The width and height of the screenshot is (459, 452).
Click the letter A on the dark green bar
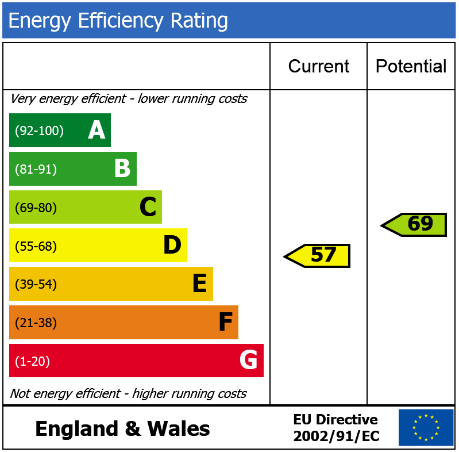[x=97, y=131]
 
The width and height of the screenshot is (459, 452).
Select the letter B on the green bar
[x=122, y=169]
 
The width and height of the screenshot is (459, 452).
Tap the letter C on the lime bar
[x=148, y=207]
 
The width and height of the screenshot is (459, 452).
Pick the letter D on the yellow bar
[x=172, y=246]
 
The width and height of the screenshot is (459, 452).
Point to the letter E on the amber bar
[x=199, y=284]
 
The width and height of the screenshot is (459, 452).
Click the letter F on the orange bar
[x=225, y=323]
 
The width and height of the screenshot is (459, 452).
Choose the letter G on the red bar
[x=249, y=361]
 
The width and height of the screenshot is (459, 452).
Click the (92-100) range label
[x=39, y=131]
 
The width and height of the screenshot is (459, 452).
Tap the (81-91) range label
[x=36, y=170]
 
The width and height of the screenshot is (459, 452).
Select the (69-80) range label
[x=36, y=208]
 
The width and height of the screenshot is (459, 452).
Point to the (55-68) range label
[x=36, y=246]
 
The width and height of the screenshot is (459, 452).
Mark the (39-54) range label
[x=36, y=285]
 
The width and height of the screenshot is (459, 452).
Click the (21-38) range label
[x=36, y=323]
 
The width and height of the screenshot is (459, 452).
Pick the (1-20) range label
[x=32, y=362]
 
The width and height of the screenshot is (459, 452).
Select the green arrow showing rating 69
[x=415, y=224]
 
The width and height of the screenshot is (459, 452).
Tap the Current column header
[x=318, y=66]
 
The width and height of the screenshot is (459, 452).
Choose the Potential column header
[x=411, y=66]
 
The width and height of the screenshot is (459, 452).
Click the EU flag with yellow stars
[x=426, y=427]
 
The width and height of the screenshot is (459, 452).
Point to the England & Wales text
[x=122, y=429]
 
